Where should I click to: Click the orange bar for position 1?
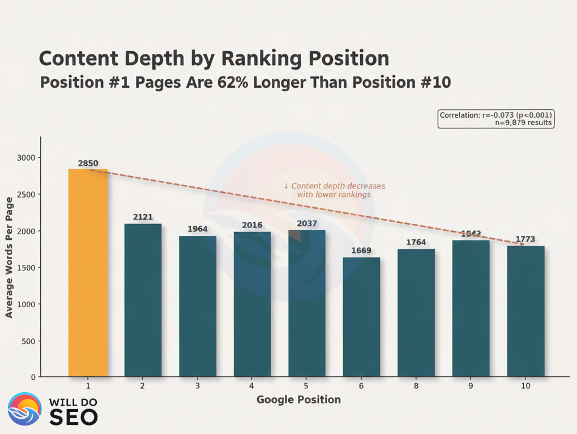coord(88,272)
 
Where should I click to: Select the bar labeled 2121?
coord(143,300)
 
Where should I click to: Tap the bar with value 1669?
coord(361,317)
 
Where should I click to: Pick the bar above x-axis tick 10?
coord(525,311)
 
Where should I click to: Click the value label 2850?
coord(88,164)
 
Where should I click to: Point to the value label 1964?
coord(198,229)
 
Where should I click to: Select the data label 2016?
coord(252,225)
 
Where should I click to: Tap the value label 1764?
coord(416,243)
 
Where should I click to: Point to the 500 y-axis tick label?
coord(28,341)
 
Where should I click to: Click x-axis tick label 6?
coord(361,386)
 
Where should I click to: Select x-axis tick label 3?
coord(198,386)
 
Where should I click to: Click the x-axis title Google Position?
coord(298,400)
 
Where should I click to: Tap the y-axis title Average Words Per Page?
coord(9,257)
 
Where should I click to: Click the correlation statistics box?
coord(495,118)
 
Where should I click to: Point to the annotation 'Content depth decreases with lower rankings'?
coord(334,190)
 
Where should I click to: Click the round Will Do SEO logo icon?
coord(24,409)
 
